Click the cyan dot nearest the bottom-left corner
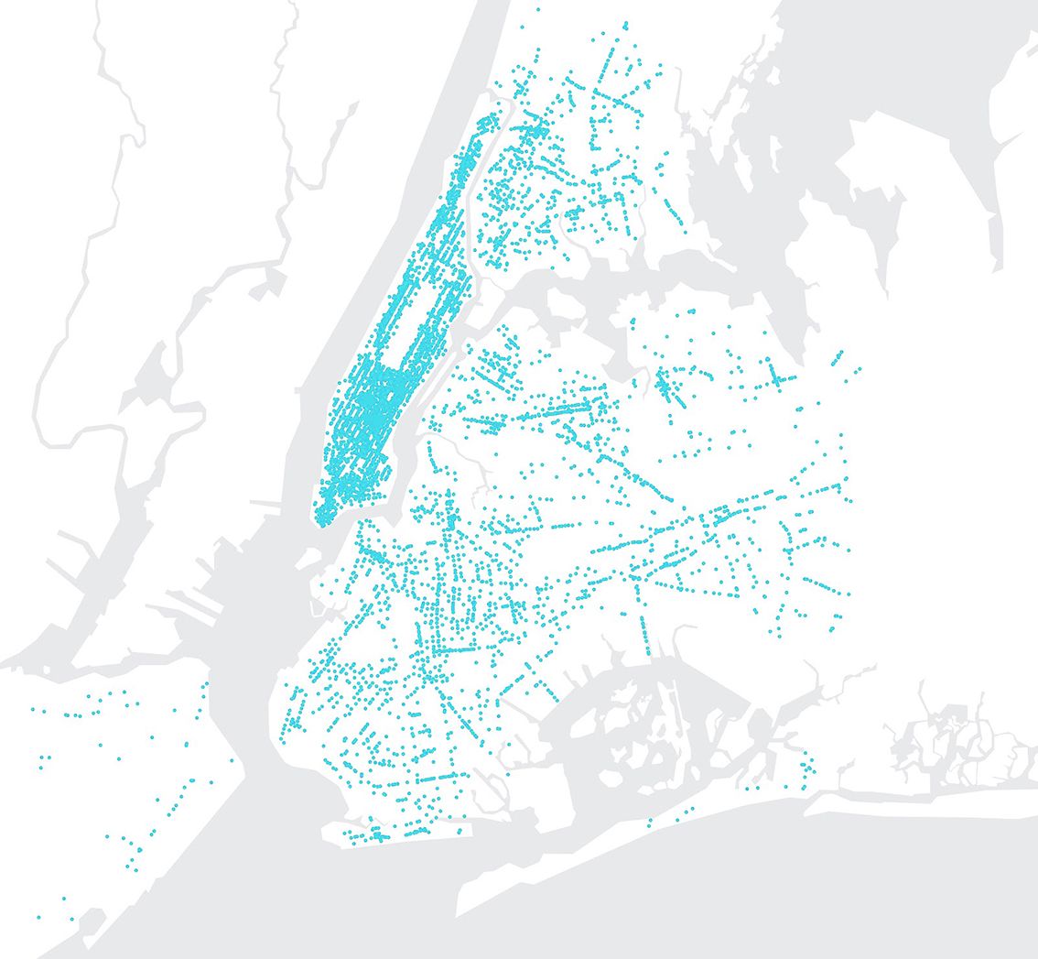pos(38,917)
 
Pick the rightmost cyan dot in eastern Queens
pos(860,369)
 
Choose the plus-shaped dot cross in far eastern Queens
pos(777,376)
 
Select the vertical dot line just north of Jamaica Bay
pos(644,632)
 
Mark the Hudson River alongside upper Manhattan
pos(403,183)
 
